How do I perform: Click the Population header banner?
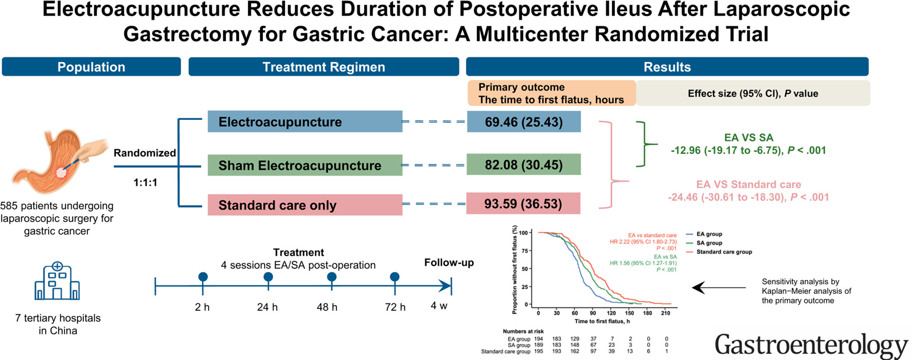click(x=91, y=67)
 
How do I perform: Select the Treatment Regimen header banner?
click(x=323, y=67)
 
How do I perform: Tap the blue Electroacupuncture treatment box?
click(x=305, y=122)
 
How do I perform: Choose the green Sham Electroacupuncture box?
click(x=305, y=165)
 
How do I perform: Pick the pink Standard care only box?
click(x=305, y=205)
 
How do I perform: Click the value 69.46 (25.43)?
click(x=524, y=122)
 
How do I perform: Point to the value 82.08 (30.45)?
click(x=524, y=165)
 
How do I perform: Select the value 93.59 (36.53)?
click(x=523, y=204)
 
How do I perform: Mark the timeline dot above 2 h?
click(x=202, y=277)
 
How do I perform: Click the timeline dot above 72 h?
click(x=395, y=277)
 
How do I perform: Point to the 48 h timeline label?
click(x=327, y=307)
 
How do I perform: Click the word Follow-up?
click(x=449, y=262)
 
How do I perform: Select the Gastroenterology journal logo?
click(x=810, y=345)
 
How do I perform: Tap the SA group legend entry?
click(x=709, y=243)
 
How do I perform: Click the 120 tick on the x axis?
click(x=611, y=313)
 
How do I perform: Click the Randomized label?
click(x=145, y=153)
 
